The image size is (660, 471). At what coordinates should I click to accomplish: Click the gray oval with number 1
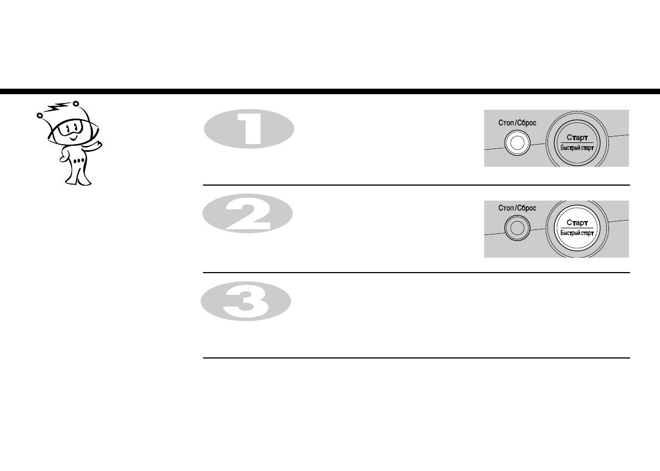[x=249, y=129]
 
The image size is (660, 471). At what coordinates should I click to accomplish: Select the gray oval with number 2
[x=247, y=214]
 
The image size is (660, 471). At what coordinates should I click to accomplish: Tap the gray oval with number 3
[x=246, y=301]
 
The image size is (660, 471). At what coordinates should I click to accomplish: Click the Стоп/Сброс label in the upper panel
[x=517, y=123]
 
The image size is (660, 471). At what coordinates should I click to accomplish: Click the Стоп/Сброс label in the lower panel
[x=517, y=208]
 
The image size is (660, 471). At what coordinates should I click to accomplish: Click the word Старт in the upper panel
[x=577, y=137]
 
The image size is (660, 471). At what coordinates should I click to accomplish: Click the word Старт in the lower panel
[x=577, y=222]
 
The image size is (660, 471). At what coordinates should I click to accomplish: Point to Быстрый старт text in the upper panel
[x=577, y=148]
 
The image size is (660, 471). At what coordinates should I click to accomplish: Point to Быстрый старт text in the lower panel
[x=577, y=233]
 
